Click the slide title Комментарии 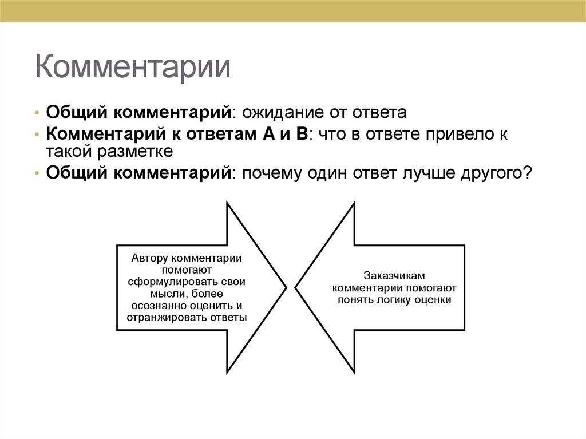coord(133,68)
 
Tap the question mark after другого coord(527,173)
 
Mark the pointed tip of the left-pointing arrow coord(295,287)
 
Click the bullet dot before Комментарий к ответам coord(37,135)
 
